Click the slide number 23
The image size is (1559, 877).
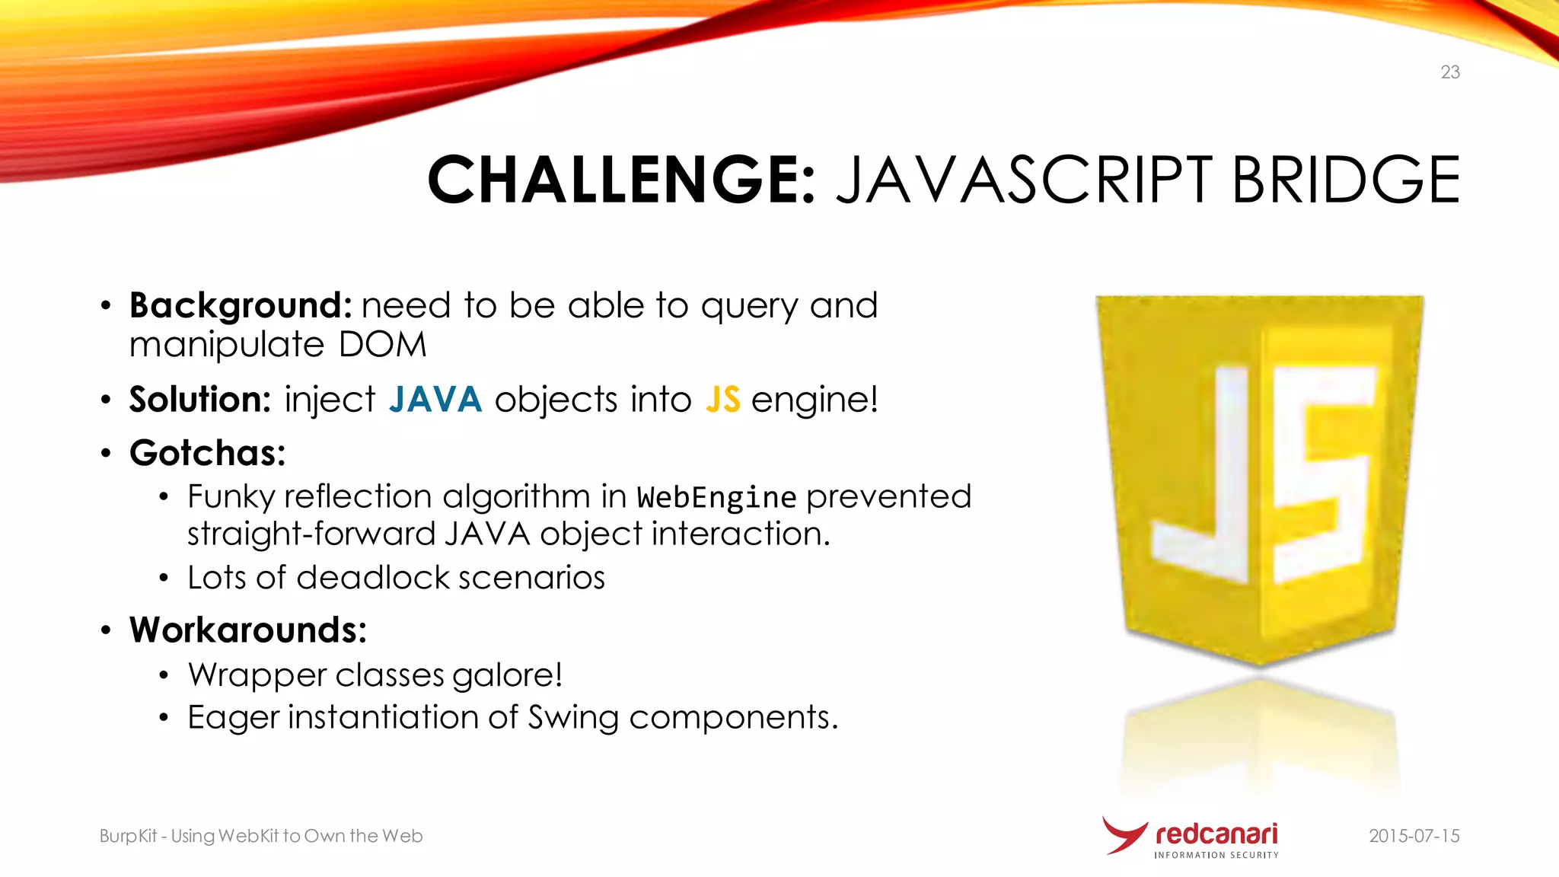pyautogui.click(x=1449, y=72)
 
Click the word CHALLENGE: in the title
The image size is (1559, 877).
pyautogui.click(x=621, y=180)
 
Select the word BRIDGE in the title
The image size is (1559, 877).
pyautogui.click(x=1345, y=180)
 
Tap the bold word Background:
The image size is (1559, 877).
pyautogui.click(x=241, y=306)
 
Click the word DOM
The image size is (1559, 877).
pyautogui.click(x=382, y=345)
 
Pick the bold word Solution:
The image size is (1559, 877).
pyautogui.click(x=199, y=400)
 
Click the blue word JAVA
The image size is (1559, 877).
pyautogui.click(x=435, y=400)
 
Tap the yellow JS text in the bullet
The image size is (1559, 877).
pyautogui.click(x=722, y=400)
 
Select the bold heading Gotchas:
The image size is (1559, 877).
pyautogui.click(x=207, y=454)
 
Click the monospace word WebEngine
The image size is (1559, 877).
pyautogui.click(x=716, y=498)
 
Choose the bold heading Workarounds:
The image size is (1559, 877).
pyautogui.click(x=248, y=630)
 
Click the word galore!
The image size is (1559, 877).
pyautogui.click(x=507, y=675)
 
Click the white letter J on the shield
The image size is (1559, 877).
pyautogui.click(x=1210, y=487)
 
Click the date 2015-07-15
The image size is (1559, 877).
pyautogui.click(x=1414, y=836)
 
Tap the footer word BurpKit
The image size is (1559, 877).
pyautogui.click(x=128, y=836)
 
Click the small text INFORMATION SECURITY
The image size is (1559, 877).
pyautogui.click(x=1216, y=856)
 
